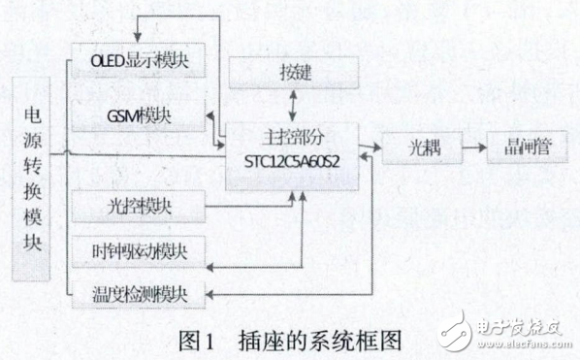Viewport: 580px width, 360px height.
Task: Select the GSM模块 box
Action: [x=140, y=115]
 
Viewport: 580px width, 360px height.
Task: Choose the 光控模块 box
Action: [x=140, y=205]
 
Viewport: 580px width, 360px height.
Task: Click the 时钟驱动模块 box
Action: [x=140, y=249]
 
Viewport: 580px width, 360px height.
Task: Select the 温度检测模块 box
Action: [x=140, y=291]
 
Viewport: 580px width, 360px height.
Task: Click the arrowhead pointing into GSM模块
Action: [x=212, y=115]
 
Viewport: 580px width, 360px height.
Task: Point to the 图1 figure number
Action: [x=198, y=339]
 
